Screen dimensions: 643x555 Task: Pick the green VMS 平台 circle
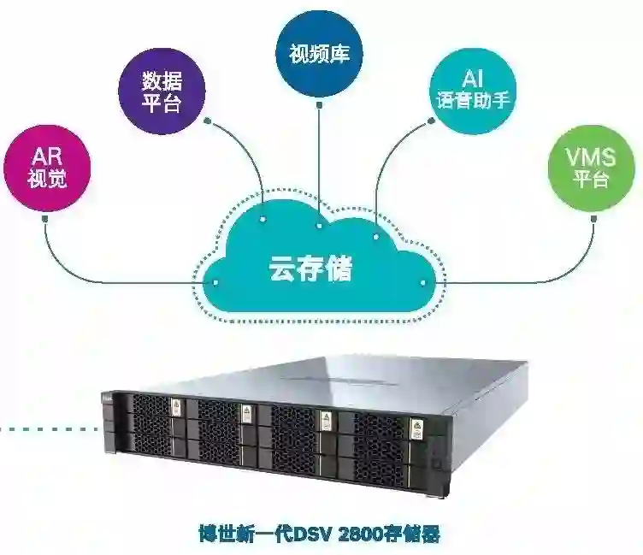590,168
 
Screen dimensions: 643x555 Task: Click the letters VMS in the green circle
590,156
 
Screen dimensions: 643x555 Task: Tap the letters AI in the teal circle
474,79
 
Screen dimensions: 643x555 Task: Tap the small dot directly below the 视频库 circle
319,107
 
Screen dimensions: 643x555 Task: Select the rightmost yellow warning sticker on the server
416,425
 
